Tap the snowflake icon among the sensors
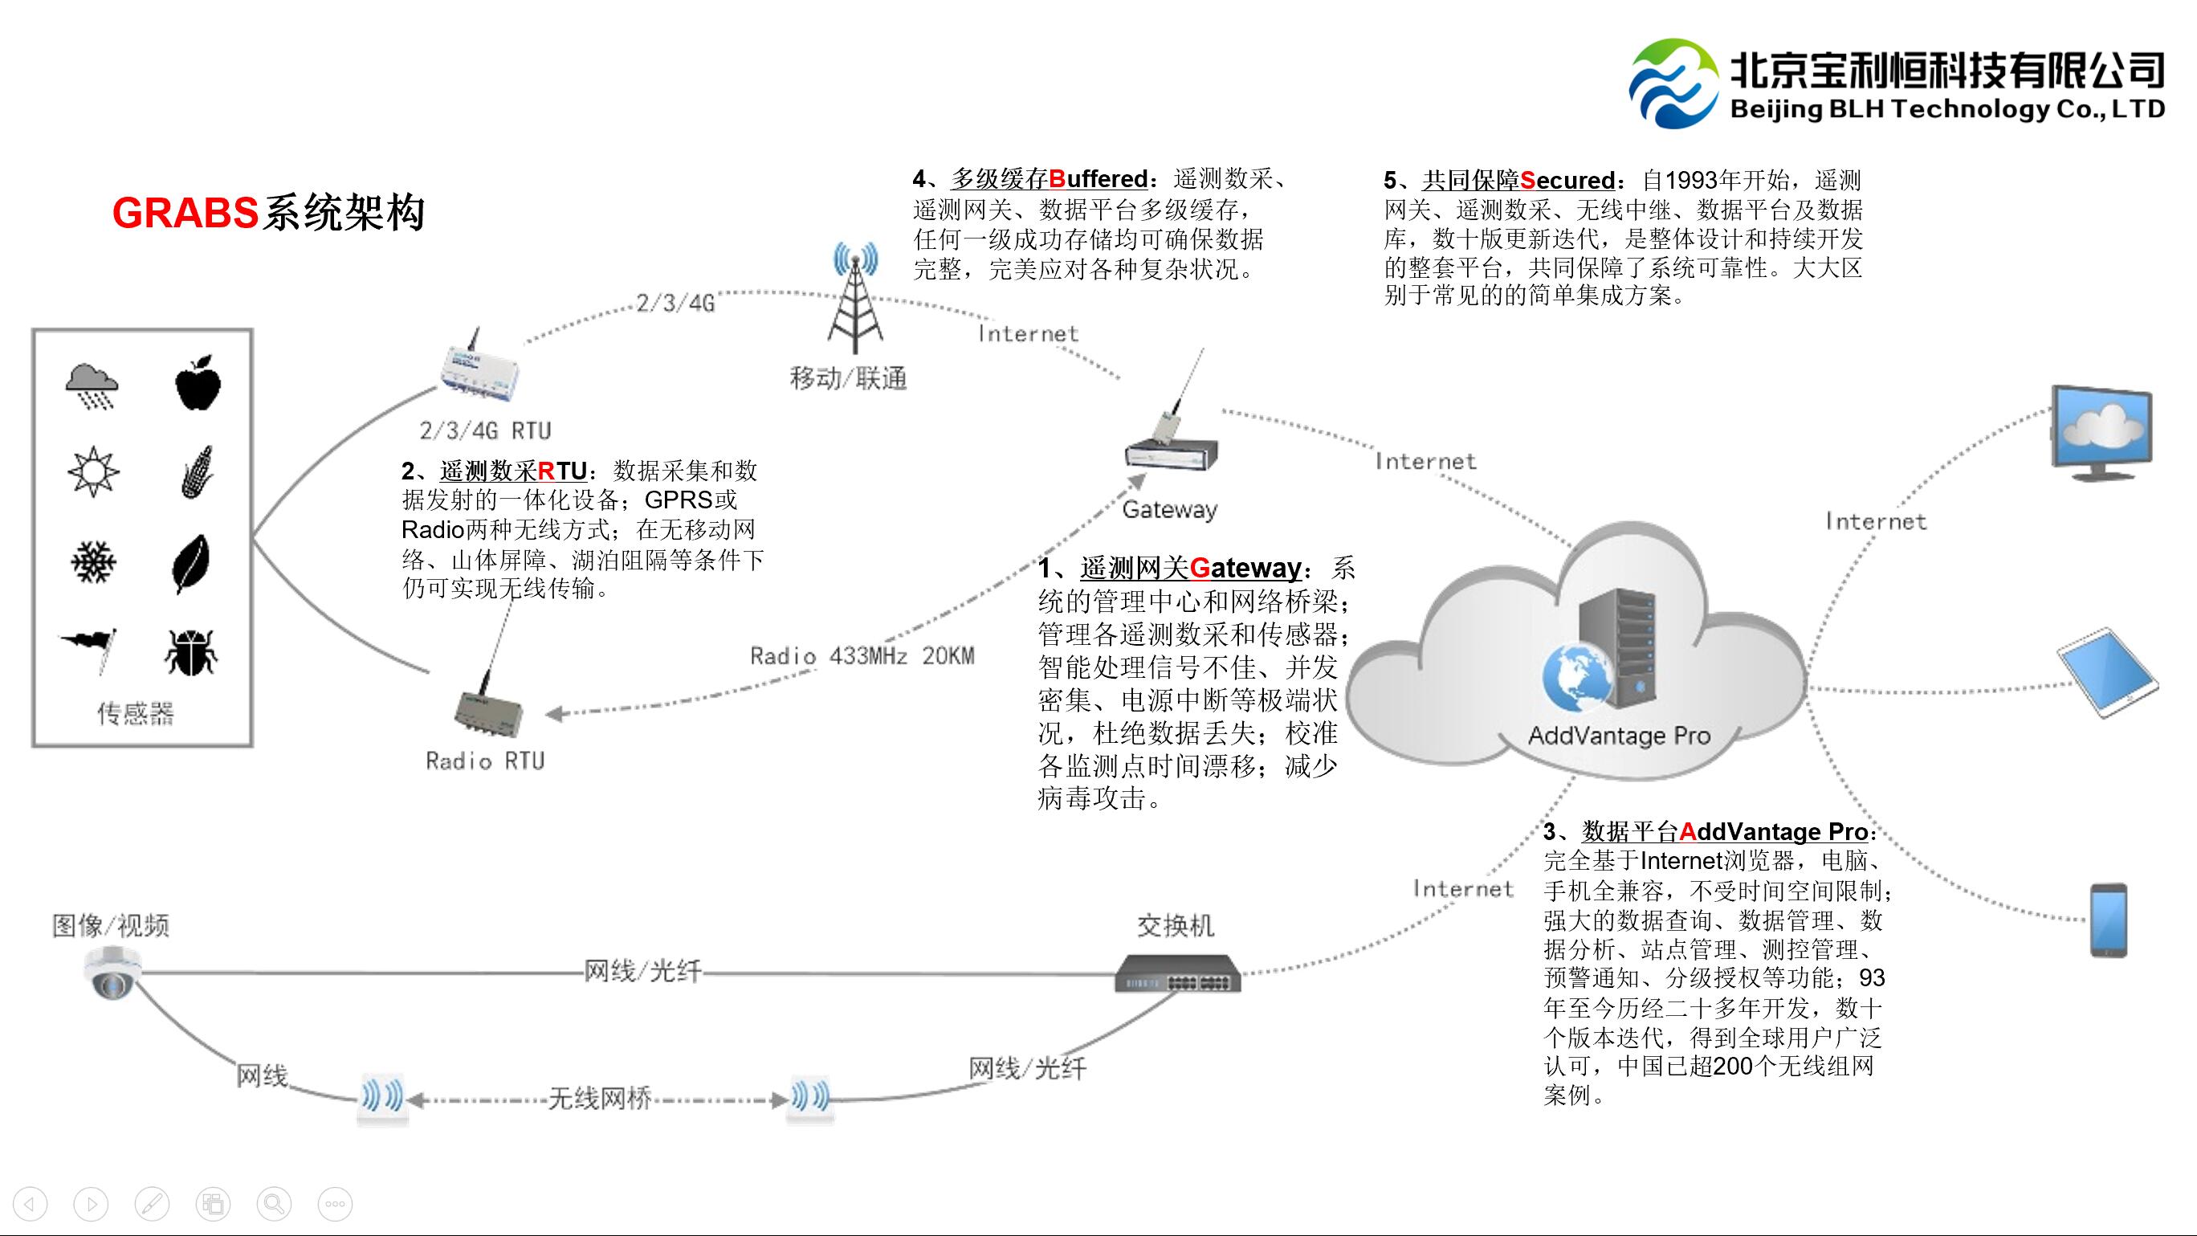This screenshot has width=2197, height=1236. (94, 562)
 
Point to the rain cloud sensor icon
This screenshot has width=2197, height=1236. (92, 385)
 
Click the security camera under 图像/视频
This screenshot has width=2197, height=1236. (112, 973)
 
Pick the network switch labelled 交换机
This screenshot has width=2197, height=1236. (1178, 973)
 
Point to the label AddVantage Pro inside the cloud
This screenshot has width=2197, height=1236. (1619, 736)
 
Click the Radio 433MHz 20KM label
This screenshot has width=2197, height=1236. (862, 656)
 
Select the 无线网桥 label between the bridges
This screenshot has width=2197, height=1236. (600, 1099)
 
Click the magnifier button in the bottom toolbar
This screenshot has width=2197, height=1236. (274, 1204)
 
